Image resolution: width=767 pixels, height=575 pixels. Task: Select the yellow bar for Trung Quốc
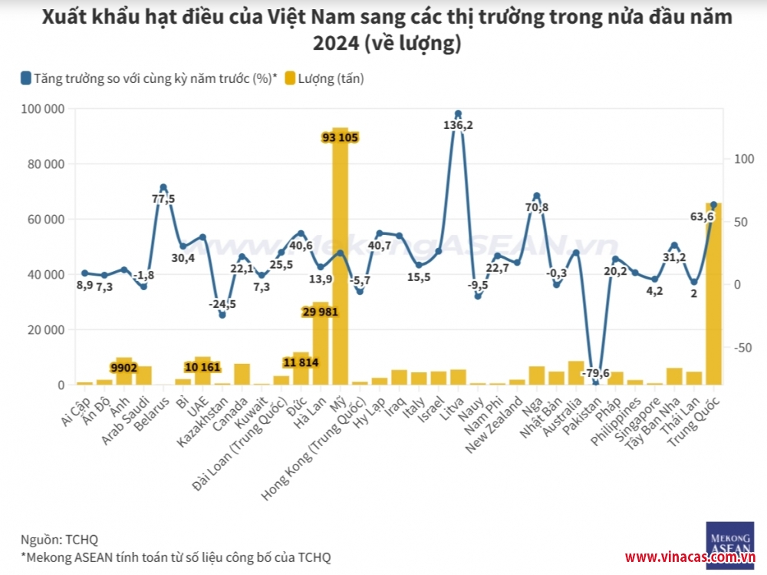coord(713,299)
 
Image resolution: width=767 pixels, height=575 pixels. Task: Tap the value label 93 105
coord(341,137)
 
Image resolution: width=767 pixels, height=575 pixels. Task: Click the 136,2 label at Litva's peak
coord(458,125)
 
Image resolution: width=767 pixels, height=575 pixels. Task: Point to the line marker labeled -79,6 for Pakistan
coord(595,382)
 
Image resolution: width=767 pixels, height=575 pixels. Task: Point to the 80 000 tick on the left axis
coord(42,164)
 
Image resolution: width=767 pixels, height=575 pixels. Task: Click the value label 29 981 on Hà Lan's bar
coord(321,312)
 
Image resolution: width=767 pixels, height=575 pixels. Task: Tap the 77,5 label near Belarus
coord(162,199)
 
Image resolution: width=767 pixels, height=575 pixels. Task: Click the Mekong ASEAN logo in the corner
coord(729,536)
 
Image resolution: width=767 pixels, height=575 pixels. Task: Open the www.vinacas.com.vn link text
coord(690,557)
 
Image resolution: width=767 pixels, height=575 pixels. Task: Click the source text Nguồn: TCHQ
coord(59,540)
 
